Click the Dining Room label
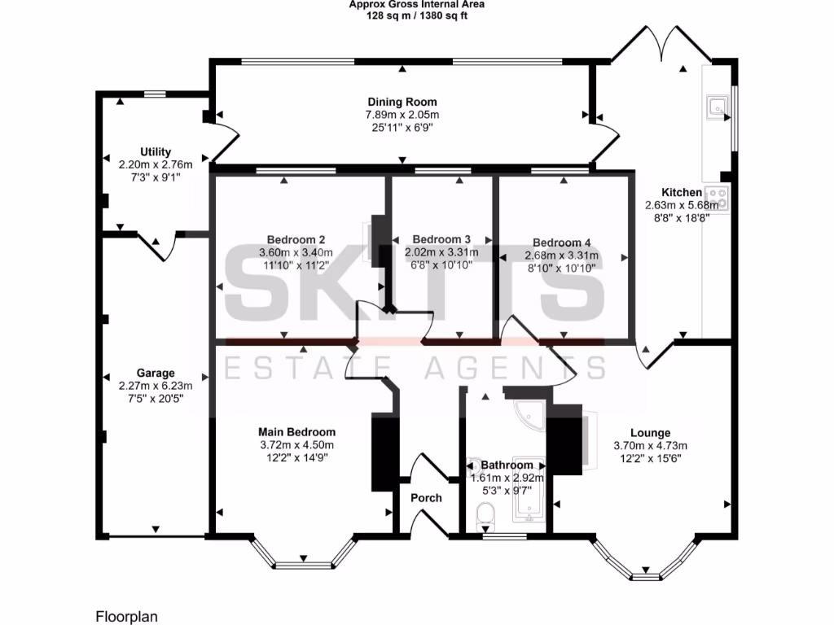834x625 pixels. [x=402, y=102]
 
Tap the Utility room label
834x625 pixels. [x=156, y=152]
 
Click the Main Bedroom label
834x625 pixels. [x=296, y=432]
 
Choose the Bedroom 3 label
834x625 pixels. [x=441, y=239]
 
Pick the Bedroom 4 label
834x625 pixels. [x=561, y=243]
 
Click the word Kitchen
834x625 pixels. [x=681, y=192]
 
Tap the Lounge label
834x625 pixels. [x=650, y=433]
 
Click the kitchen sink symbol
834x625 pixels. [x=717, y=107]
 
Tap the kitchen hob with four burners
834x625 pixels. [x=718, y=196]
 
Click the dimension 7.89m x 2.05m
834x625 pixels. [x=402, y=116]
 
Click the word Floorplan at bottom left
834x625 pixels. [x=122, y=614]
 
